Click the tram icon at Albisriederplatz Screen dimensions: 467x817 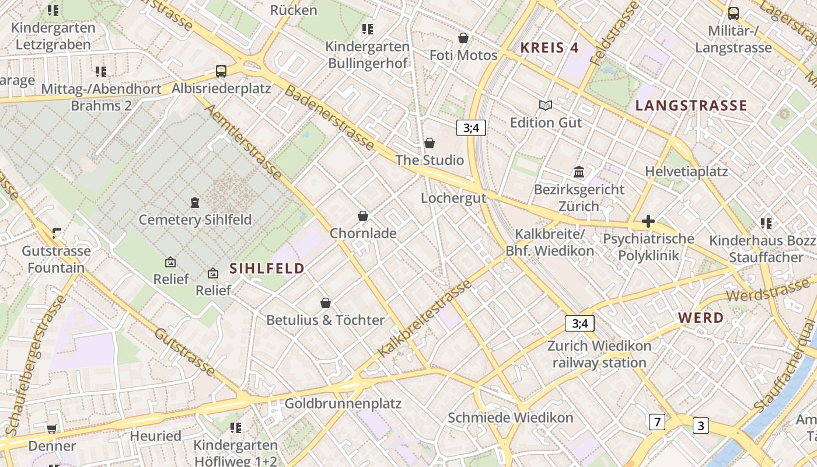pyautogui.click(x=221, y=71)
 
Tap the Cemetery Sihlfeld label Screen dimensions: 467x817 pyautogui.click(x=195, y=219)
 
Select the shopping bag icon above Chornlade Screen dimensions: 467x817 pyautogui.click(x=363, y=216)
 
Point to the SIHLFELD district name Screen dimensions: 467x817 pyautogui.click(x=267, y=269)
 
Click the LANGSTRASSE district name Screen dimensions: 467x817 pyautogui.click(x=691, y=106)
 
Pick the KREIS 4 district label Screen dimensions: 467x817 pyautogui.click(x=549, y=48)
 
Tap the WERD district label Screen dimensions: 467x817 pyautogui.click(x=701, y=318)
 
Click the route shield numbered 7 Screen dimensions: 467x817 pyautogui.click(x=657, y=421)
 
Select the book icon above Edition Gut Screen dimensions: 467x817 pyautogui.click(x=546, y=105)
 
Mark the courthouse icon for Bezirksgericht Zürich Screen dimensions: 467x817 pyautogui.click(x=579, y=172)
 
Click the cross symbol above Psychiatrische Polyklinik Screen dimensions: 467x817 pyautogui.click(x=648, y=222)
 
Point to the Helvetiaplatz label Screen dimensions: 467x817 pyautogui.click(x=686, y=172)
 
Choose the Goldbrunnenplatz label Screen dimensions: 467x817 pyautogui.click(x=343, y=403)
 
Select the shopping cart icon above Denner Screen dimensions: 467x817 pyautogui.click(x=51, y=429)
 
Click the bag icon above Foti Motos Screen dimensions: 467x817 pyautogui.click(x=463, y=38)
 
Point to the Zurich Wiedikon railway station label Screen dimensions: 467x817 pyautogui.click(x=599, y=354)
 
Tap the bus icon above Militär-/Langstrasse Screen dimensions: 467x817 pyautogui.click(x=733, y=13)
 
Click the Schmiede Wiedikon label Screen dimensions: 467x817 pyautogui.click(x=510, y=418)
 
